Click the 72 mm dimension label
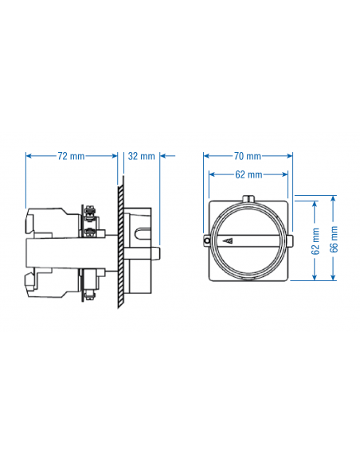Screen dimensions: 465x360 [72, 156]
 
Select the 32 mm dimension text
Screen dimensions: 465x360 [141, 156]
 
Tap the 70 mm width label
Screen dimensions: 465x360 [248, 156]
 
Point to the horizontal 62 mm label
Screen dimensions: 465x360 [248, 174]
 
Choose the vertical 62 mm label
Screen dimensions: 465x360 [316, 240]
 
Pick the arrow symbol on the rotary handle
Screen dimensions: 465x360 [229, 240]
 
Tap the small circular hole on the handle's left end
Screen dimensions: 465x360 [207, 240]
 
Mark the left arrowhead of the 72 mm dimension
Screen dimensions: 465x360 [29, 156]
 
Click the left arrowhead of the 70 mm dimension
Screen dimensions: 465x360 [206, 156]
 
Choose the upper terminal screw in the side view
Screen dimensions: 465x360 [93, 213]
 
